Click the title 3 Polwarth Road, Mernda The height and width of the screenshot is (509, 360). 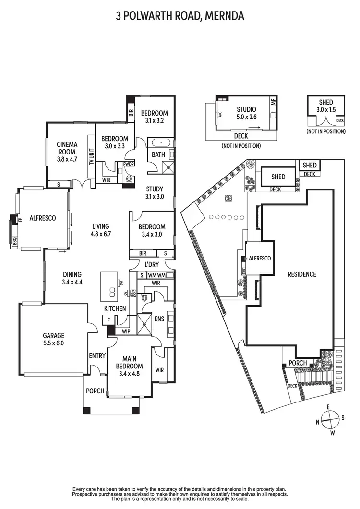(x=180, y=15)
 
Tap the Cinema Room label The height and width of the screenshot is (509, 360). (x=67, y=148)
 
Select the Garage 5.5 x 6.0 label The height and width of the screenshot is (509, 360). (x=54, y=339)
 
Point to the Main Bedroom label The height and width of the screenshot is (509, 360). (x=129, y=362)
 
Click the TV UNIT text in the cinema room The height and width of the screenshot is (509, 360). (x=91, y=157)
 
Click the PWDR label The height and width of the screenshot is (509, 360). (x=129, y=164)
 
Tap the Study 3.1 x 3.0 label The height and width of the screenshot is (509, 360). (x=155, y=192)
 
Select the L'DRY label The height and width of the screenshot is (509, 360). (x=152, y=265)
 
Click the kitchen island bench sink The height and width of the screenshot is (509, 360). (x=112, y=292)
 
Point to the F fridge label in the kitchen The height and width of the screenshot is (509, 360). (x=109, y=320)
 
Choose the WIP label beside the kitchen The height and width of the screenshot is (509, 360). (x=126, y=331)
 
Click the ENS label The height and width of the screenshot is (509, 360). (x=159, y=319)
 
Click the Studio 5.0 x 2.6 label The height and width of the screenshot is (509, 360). (x=246, y=113)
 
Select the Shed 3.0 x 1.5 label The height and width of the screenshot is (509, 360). (x=326, y=106)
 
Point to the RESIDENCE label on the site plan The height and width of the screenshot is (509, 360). (x=302, y=274)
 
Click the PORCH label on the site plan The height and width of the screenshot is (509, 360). (x=298, y=363)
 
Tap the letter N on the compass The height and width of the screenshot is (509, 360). (x=318, y=422)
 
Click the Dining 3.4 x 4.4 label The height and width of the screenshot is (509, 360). (x=72, y=278)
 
